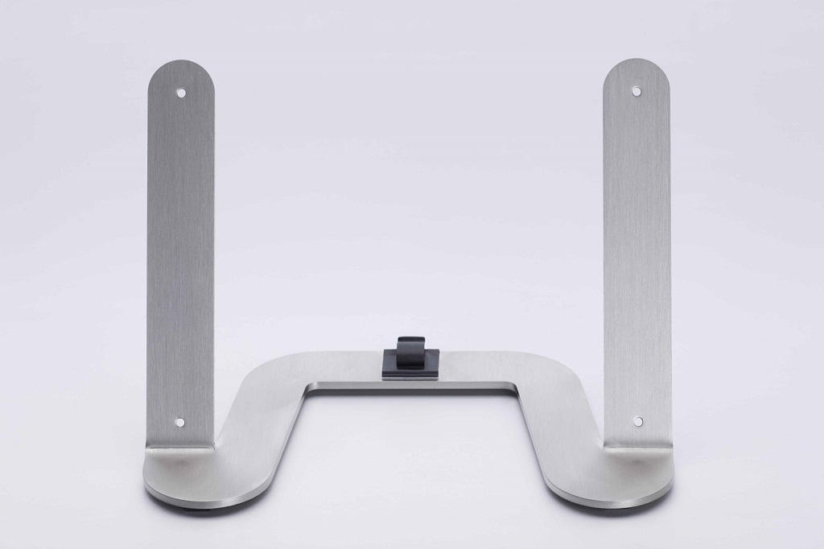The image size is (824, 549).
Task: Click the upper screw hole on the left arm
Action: tap(181, 93)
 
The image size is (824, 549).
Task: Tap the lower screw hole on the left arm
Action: tap(179, 421)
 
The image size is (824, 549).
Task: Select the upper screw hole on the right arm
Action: tap(637, 91)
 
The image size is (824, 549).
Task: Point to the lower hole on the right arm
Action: tap(637, 421)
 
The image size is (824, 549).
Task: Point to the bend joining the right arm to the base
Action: tap(637, 446)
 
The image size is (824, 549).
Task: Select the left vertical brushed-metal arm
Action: tap(181, 258)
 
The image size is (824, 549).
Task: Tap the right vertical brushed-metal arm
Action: tap(637, 258)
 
